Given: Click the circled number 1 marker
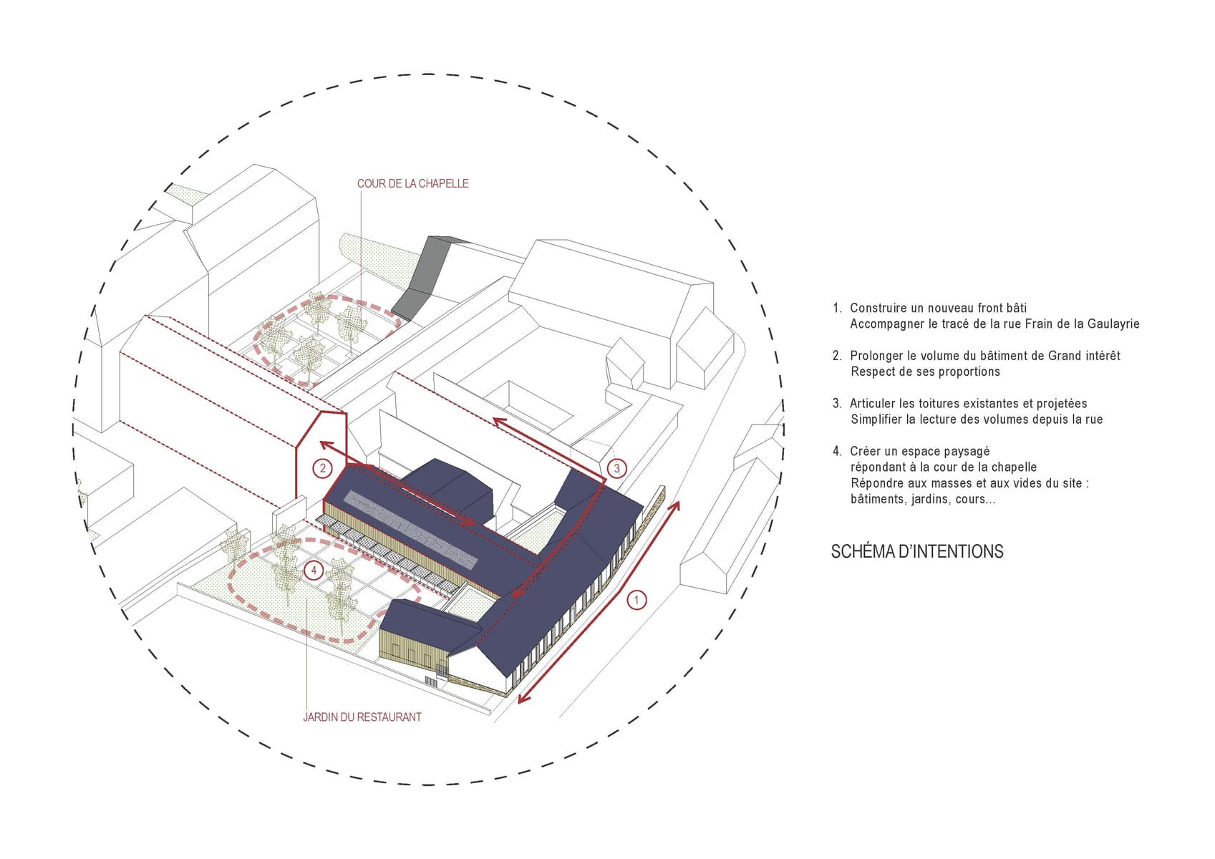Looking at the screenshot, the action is pos(636,601).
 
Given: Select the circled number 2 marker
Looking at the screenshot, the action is pos(323,468).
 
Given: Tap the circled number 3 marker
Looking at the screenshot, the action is pos(616,468).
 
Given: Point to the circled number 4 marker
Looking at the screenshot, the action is pos(314,570).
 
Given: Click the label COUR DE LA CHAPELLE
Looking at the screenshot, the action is pos(413,183).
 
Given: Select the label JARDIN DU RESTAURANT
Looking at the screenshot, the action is pos(362,717).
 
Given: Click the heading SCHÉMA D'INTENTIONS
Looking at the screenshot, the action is pos(917,551).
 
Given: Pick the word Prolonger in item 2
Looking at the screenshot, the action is pos(876,356).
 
